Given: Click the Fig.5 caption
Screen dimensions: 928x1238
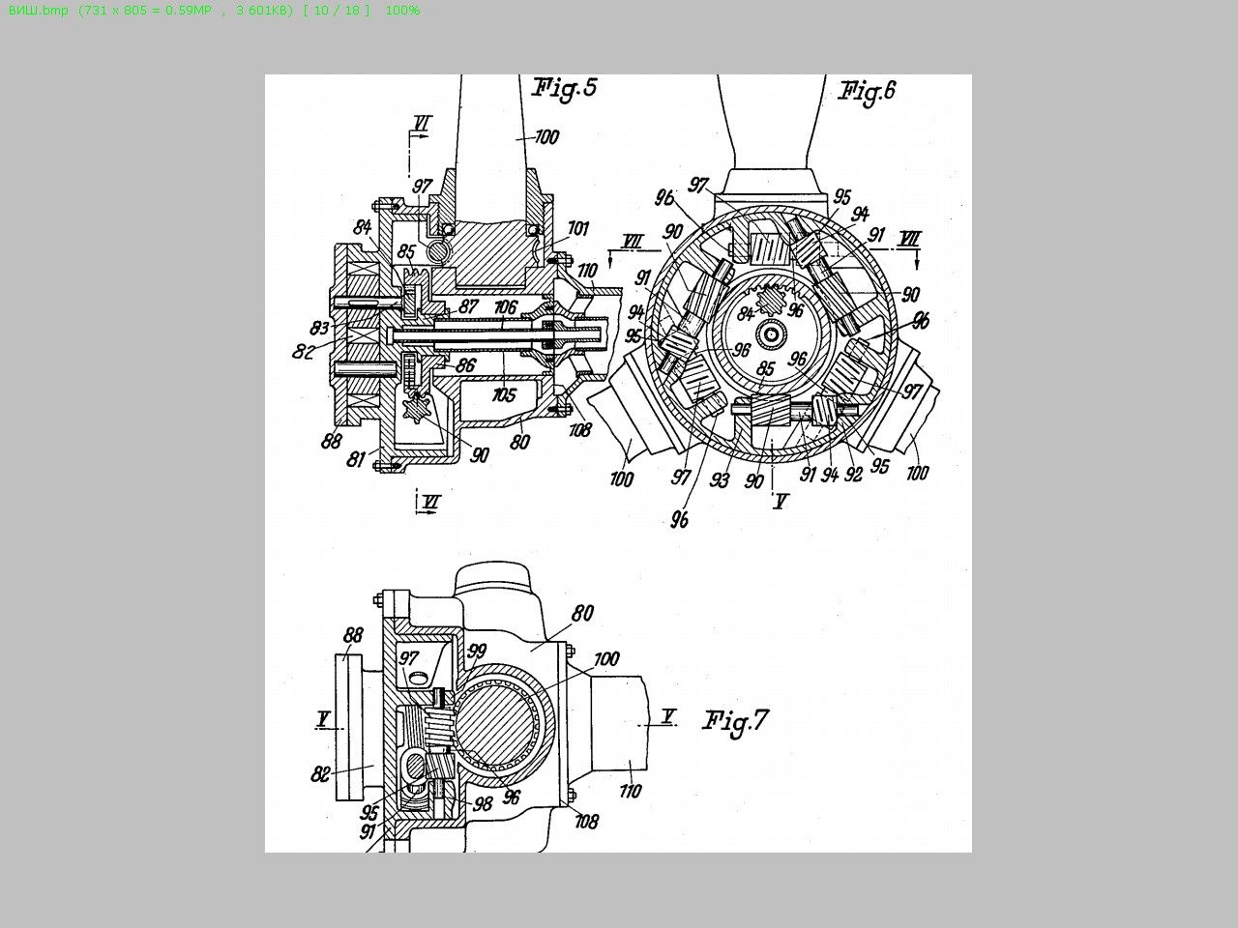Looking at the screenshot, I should pyautogui.click(x=565, y=88).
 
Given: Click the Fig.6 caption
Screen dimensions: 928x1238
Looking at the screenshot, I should pyautogui.click(x=867, y=91).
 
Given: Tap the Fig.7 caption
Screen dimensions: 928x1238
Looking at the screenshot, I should pyautogui.click(x=735, y=721).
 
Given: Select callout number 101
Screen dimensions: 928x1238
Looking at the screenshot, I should pyautogui.click(x=577, y=229).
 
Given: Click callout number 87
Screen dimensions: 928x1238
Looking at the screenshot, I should pyautogui.click(x=468, y=306).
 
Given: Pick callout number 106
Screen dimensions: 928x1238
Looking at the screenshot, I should pyautogui.click(x=505, y=306).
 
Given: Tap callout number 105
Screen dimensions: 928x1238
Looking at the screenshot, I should pyautogui.click(x=504, y=394).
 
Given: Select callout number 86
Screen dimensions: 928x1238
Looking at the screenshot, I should pyautogui.click(x=465, y=365).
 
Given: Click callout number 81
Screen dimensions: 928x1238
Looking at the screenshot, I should pyautogui.click(x=357, y=460).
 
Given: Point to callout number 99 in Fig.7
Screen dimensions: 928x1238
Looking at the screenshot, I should pyautogui.click(x=476, y=651).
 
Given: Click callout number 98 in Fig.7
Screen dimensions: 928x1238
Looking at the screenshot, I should pyautogui.click(x=482, y=803).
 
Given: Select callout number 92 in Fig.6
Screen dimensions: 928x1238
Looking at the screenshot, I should pyautogui.click(x=853, y=475).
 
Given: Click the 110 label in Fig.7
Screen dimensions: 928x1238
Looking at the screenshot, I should pyautogui.click(x=630, y=792).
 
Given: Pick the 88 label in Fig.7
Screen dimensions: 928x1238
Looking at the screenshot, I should pyautogui.click(x=354, y=635).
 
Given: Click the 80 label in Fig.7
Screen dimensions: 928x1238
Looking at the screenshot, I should pyautogui.click(x=582, y=613).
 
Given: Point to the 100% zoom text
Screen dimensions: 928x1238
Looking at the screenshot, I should pyautogui.click(x=402, y=10).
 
